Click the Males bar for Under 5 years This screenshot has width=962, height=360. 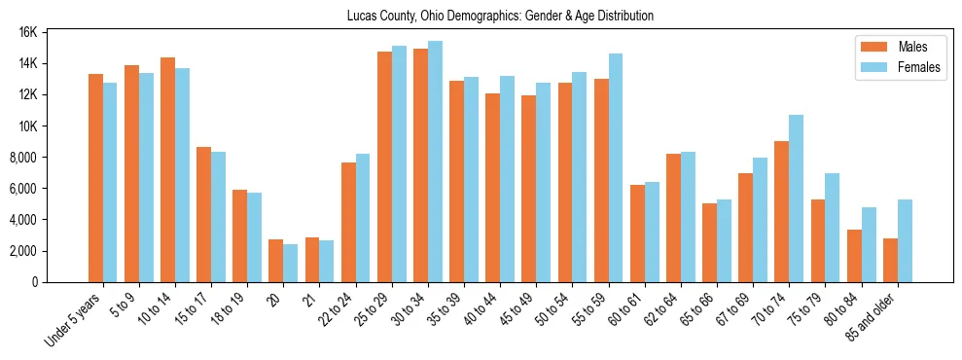(x=95, y=178)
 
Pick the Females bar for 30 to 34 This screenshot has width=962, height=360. (x=436, y=162)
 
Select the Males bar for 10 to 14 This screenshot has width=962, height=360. (x=167, y=169)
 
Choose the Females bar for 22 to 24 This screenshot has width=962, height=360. (x=363, y=218)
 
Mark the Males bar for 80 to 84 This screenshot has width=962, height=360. (x=854, y=256)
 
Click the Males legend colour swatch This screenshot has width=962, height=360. (x=870, y=47)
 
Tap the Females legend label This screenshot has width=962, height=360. (x=919, y=68)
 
